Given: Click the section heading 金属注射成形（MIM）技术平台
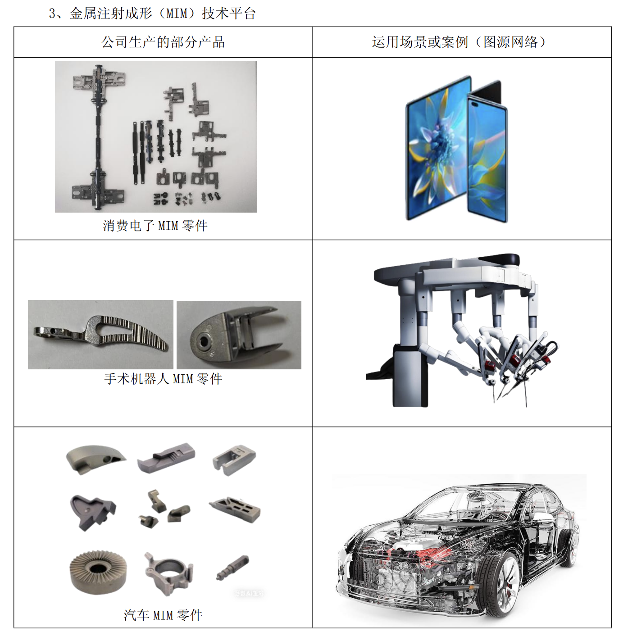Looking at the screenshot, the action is [x=163, y=14].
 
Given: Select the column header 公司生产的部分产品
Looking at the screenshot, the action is [x=163, y=42].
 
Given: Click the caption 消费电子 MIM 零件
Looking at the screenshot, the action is [x=155, y=226].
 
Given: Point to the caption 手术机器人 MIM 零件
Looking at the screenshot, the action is [x=163, y=378].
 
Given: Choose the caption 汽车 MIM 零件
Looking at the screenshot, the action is [x=163, y=615].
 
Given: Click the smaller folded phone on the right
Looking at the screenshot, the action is [x=487, y=152].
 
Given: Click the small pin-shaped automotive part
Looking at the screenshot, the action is [x=232, y=568].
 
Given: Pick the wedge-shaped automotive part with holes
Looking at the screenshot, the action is [x=96, y=459].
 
